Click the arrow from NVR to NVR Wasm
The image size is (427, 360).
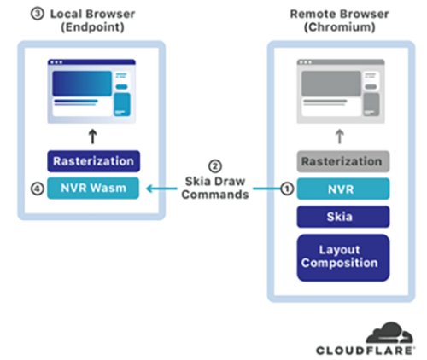pos(213,190)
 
